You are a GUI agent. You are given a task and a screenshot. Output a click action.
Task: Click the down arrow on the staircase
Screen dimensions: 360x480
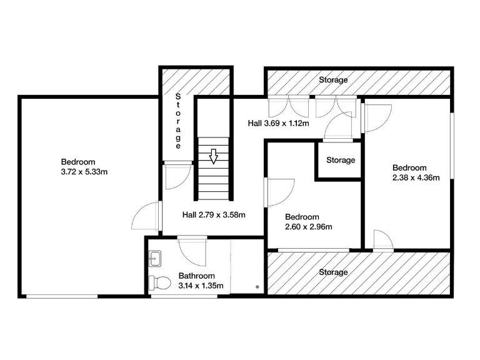(214, 156)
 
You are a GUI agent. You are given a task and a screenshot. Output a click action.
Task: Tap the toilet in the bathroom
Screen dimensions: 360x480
(161, 283)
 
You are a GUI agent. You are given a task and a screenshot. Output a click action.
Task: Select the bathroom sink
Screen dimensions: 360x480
(156, 257)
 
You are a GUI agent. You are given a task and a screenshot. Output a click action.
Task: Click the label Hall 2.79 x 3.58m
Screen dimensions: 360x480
(213, 214)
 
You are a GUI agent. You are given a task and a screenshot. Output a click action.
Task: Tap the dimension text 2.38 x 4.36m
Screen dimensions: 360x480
(416, 177)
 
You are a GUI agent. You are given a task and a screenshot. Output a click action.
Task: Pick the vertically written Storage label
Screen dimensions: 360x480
(178, 121)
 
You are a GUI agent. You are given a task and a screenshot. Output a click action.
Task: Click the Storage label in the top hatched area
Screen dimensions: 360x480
(333, 80)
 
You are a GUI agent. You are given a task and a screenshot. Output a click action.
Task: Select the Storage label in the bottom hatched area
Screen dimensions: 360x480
(333, 272)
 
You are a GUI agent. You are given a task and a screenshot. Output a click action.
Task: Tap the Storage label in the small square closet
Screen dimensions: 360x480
(341, 160)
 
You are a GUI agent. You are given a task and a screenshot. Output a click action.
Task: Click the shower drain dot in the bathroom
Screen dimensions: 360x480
(257, 286)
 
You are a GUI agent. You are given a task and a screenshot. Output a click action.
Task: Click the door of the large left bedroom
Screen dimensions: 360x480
(147, 216)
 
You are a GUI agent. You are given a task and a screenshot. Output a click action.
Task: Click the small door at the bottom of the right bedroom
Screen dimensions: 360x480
(382, 240)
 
